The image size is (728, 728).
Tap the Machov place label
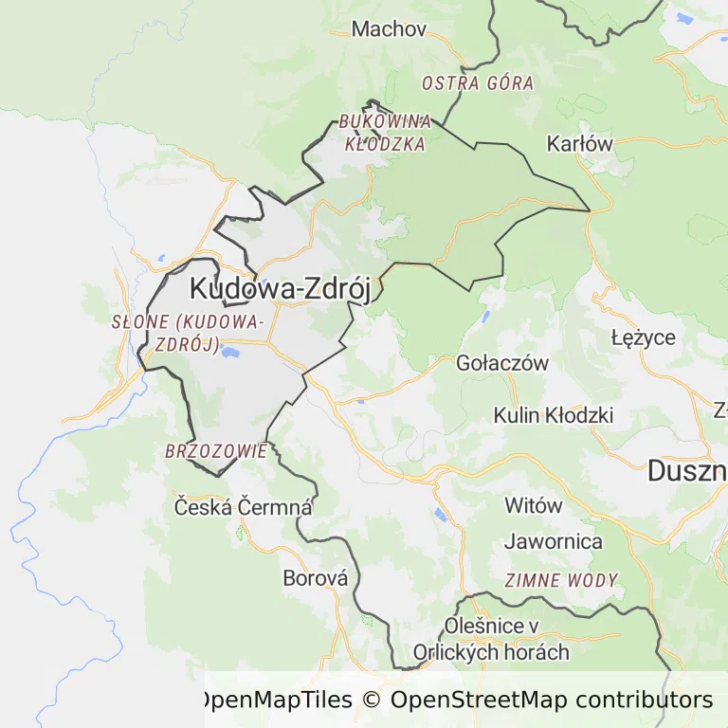pyautogui.click(x=389, y=28)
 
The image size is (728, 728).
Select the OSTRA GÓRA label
pyautogui.click(x=478, y=83)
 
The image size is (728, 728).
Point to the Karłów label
pyautogui.click(x=580, y=144)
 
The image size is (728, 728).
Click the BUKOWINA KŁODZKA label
pyautogui.click(x=385, y=133)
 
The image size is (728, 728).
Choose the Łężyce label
pyautogui.click(x=644, y=337)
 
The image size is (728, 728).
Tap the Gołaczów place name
pyautogui.click(x=502, y=363)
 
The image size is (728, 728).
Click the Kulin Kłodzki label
pyautogui.click(x=554, y=415)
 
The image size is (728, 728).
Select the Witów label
pyautogui.click(x=533, y=505)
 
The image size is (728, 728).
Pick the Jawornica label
pyautogui.click(x=554, y=542)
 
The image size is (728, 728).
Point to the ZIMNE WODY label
pyautogui.click(x=561, y=580)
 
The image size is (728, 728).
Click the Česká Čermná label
pyautogui.click(x=243, y=507)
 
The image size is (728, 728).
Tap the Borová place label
pyautogui.click(x=316, y=577)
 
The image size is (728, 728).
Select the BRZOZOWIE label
pyautogui.click(x=216, y=451)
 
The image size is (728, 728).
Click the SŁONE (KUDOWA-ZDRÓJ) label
pyautogui.click(x=185, y=332)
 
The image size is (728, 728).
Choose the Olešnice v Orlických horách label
pyautogui.click(x=491, y=639)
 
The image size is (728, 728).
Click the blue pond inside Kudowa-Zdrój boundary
pyautogui.click(x=228, y=355)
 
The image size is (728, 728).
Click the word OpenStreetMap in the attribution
pyautogui.click(x=478, y=700)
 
